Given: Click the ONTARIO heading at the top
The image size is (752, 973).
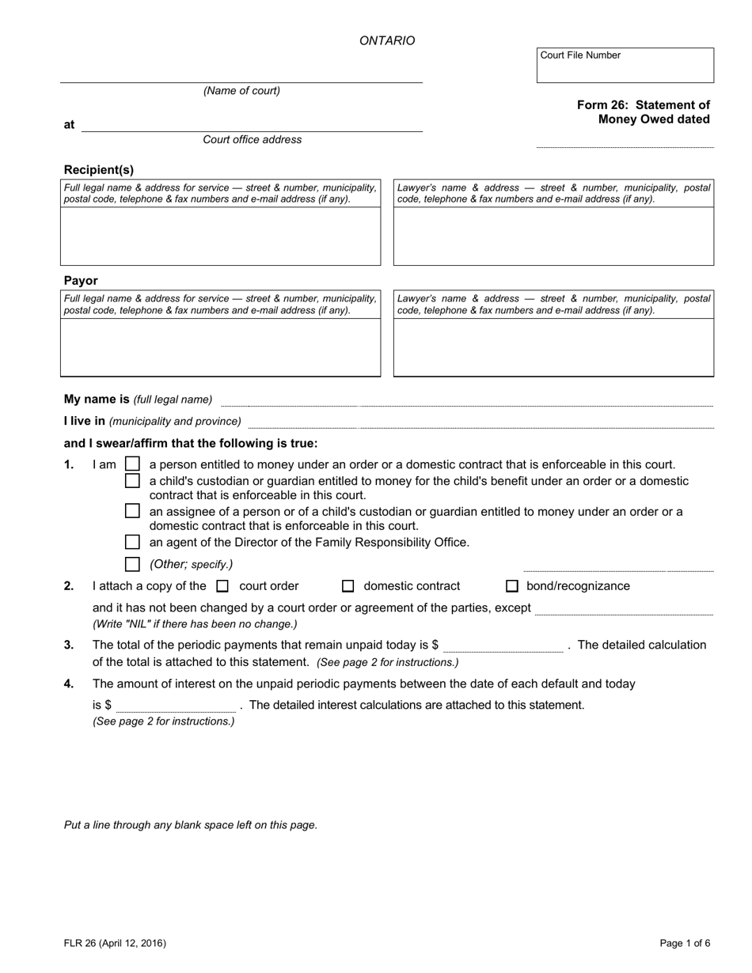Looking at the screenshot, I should [387, 40].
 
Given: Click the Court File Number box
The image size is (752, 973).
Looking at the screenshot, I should [625, 66].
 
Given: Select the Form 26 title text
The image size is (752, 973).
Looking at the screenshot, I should [643, 112].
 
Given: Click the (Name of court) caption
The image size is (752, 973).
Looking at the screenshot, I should [241, 91].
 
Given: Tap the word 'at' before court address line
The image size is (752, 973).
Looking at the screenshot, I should [70, 124].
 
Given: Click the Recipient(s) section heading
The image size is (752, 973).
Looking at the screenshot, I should [99, 169].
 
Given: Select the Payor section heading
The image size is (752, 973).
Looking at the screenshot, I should [81, 280].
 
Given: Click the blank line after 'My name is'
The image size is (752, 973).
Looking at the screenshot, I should [466, 400].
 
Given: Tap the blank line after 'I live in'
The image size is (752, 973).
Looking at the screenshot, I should [480, 422].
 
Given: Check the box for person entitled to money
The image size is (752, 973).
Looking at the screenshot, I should [133, 464].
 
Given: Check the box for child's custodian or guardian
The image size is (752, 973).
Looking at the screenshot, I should [133, 480].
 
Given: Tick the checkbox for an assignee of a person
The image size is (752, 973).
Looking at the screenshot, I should [133, 511].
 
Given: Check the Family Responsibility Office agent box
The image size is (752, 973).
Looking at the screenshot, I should [133, 542].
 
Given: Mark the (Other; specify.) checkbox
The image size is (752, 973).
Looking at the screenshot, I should [133, 564].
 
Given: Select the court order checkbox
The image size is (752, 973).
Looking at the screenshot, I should [222, 586].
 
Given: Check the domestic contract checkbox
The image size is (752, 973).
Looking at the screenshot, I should [348, 586].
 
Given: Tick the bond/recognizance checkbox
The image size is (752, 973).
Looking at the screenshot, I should [512, 586].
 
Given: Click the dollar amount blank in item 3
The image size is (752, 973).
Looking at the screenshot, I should [503, 646].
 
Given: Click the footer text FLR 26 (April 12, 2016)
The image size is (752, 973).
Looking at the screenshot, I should [115, 943].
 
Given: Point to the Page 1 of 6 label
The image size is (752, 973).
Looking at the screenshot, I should [685, 943].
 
